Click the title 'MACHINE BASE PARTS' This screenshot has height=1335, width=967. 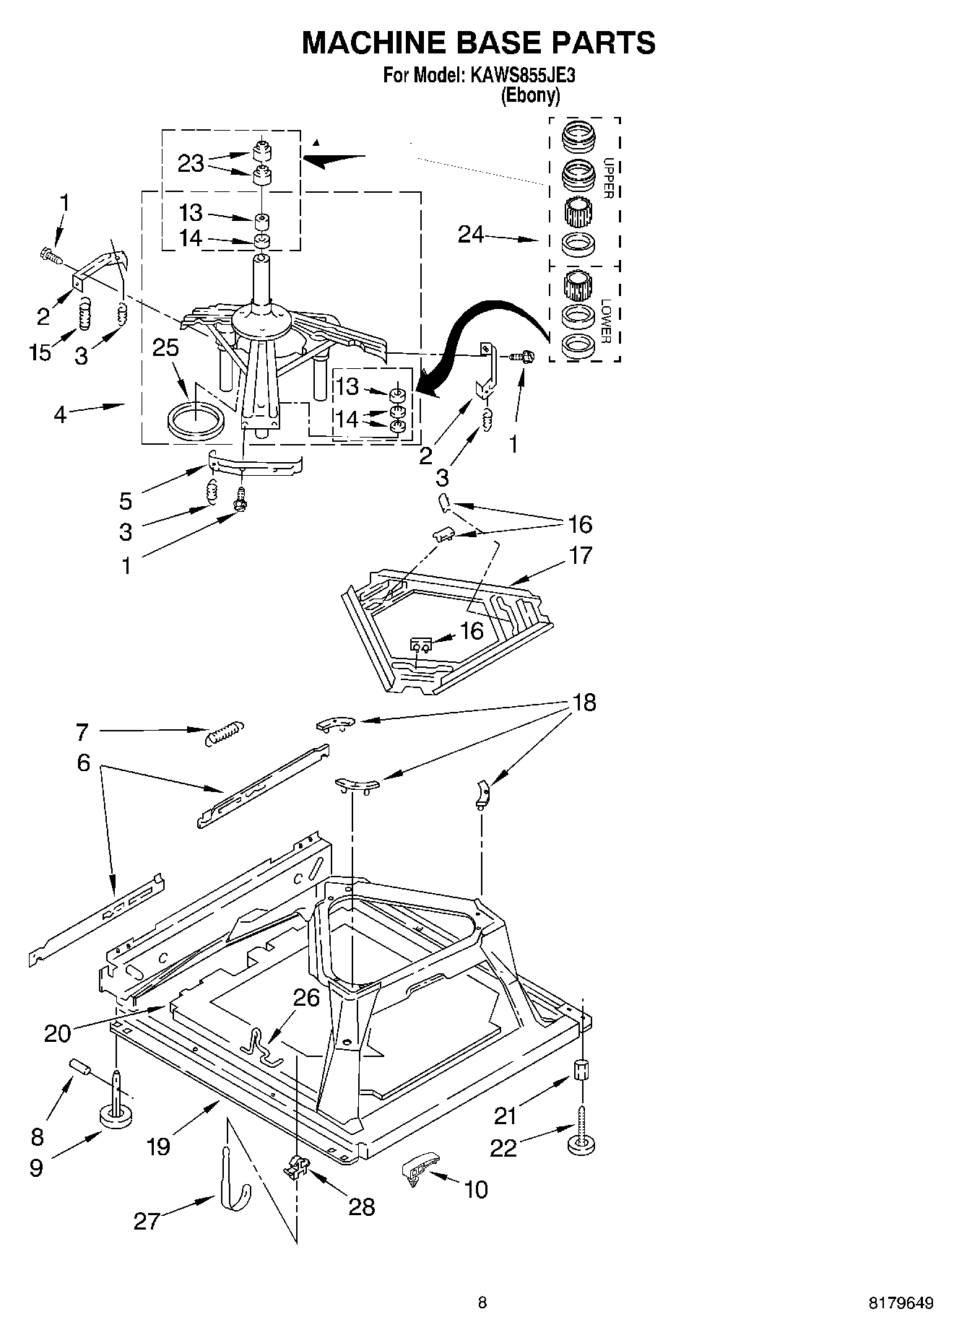[478, 43]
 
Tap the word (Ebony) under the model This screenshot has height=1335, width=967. [530, 95]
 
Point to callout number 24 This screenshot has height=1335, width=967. [471, 234]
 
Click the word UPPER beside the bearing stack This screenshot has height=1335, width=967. [608, 178]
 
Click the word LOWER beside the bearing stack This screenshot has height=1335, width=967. [607, 321]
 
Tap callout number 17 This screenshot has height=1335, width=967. [580, 555]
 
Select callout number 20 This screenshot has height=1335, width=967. [58, 1033]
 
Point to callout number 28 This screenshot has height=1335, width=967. [362, 1206]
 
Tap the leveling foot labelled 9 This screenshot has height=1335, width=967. [116, 1117]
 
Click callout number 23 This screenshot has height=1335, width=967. [191, 163]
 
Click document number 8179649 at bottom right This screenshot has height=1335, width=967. [900, 1303]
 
